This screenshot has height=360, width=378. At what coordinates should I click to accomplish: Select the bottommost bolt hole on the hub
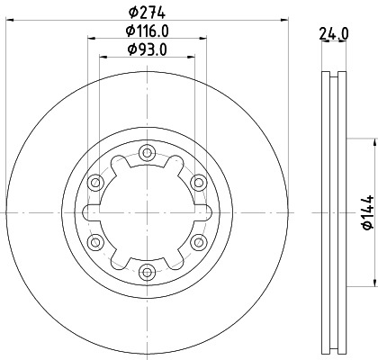[146, 269]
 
